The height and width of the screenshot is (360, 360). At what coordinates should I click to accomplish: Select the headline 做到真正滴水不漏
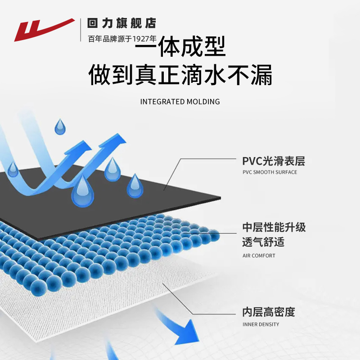[180, 75]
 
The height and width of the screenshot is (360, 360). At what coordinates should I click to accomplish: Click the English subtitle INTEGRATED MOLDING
[180, 102]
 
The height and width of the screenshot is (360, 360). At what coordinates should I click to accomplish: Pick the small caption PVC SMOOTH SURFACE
[270, 172]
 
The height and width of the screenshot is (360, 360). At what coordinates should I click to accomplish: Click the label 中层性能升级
[274, 227]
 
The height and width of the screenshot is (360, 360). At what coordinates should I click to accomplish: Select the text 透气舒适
[263, 242]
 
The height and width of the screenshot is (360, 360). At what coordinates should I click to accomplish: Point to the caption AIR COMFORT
[259, 256]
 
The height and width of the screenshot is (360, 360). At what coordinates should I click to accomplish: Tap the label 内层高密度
[268, 312]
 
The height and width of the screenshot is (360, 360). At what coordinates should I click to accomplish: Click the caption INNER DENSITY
[261, 324]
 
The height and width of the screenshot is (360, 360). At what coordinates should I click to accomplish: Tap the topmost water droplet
[60, 127]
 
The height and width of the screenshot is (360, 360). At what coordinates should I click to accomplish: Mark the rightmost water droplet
[135, 186]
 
